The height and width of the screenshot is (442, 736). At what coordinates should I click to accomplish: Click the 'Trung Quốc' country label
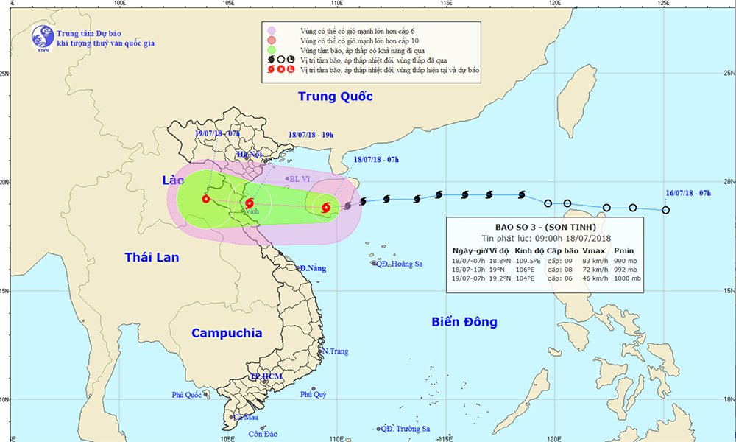tap(335, 97)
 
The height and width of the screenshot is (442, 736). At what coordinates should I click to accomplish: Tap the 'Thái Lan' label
tap(150, 256)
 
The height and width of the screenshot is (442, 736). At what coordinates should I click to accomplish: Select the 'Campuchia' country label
tap(227, 333)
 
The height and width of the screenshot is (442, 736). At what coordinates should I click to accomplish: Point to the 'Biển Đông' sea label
tap(464, 321)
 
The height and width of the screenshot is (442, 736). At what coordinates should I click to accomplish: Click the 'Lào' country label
tap(174, 180)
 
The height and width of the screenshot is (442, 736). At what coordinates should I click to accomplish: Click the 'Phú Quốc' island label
tap(187, 395)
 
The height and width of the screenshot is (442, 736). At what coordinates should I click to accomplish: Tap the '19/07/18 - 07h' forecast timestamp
tap(218, 133)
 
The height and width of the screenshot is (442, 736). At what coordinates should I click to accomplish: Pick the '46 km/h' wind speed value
tap(592, 278)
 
